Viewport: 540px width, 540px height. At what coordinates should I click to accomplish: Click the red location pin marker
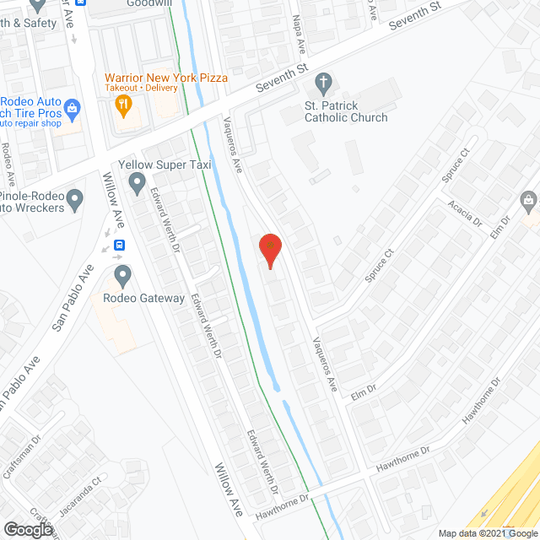(x=269, y=250)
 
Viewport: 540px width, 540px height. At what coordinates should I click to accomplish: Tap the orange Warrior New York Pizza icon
(x=123, y=105)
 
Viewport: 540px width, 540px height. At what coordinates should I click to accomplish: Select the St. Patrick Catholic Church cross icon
(x=321, y=82)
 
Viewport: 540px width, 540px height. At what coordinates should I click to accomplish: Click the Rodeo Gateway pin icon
(x=123, y=274)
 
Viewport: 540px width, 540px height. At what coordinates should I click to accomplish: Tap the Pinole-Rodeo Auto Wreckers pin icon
(x=75, y=200)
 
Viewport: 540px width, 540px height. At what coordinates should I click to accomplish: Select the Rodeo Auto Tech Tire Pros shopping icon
(x=73, y=108)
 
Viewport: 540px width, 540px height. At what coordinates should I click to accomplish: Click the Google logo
(x=28, y=529)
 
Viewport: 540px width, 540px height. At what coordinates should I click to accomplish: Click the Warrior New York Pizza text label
(x=166, y=78)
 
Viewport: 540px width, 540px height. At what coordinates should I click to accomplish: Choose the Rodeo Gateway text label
(x=143, y=298)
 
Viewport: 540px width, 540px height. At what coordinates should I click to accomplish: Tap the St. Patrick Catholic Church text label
(x=346, y=111)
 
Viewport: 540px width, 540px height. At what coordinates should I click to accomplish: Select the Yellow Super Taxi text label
(x=165, y=165)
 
